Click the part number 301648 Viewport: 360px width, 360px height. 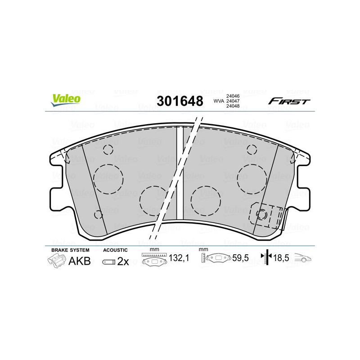[180, 101]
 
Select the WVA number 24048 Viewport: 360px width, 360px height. [233, 107]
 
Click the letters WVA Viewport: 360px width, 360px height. [219, 101]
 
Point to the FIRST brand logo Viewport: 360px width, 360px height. [289, 101]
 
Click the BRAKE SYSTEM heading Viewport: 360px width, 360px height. [70, 250]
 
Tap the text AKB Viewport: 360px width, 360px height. [79, 261]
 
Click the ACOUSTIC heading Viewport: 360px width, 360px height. [116, 250]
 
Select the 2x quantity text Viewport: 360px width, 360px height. [123, 261]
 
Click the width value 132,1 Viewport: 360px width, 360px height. [178, 258]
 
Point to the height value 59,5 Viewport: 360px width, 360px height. [240, 258]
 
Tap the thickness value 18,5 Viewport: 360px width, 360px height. [281, 258]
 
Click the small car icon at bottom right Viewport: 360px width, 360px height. [303, 258]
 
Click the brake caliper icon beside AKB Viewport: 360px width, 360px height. [56, 261]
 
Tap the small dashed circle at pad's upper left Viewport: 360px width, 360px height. [108, 150]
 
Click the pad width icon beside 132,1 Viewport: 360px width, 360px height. [154, 259]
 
